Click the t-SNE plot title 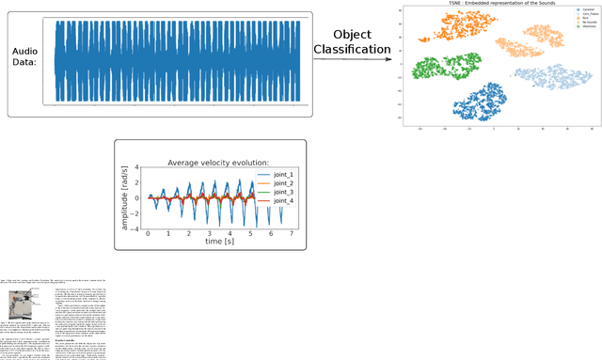[488, 4]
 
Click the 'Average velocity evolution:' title [218, 163]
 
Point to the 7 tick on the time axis [292, 233]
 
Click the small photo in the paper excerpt [21, 303]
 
